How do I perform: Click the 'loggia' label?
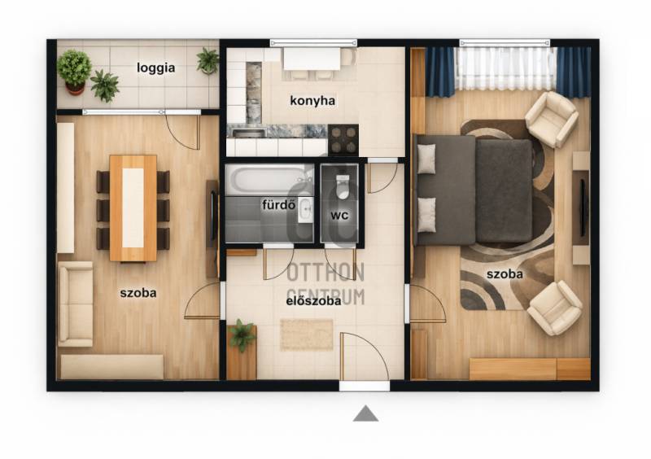coord(155,68)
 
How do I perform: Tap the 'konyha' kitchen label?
coord(312,101)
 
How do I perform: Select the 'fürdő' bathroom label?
coord(278,204)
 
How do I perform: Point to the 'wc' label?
coord(339,215)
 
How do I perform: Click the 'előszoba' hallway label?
coord(313,301)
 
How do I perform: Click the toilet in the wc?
coord(343,187)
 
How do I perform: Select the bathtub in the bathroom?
coord(269,179)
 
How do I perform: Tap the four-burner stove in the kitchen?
coord(343,139)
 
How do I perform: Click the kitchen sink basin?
coord(249,133)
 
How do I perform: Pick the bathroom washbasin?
coord(306,210)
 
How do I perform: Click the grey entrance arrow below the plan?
coord(365,413)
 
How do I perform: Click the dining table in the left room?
coord(133,208)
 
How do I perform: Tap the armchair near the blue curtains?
coord(552,119)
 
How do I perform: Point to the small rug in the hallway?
coord(307,334)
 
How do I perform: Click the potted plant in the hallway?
coord(241,334)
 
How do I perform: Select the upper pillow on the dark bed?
coord(426,159)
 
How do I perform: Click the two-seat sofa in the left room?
coord(76,304)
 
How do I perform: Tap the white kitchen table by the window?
coord(312,59)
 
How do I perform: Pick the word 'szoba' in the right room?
coord(505,274)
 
